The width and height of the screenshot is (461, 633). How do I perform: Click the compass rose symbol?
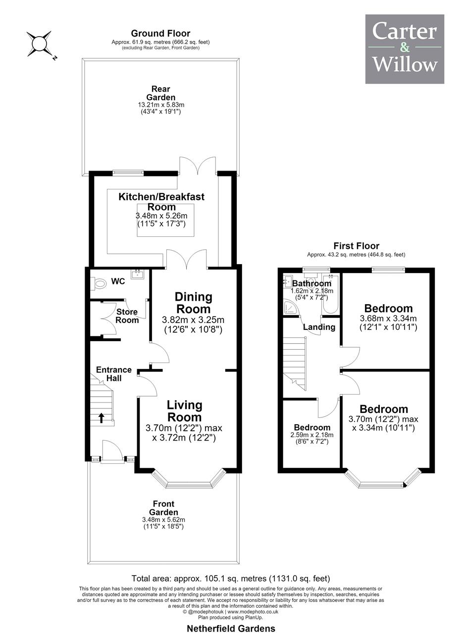pos(39,44)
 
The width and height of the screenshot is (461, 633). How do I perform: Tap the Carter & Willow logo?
pos(405,49)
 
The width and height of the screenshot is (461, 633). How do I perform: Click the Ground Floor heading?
pos(160,33)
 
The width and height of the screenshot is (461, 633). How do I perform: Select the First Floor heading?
pos(356,246)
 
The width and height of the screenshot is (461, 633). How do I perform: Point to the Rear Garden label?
pos(161,93)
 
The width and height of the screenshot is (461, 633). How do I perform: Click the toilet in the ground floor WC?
pos(98,282)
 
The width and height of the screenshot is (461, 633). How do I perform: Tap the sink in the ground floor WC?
pos(138,274)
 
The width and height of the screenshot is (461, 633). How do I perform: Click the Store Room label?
pos(127,316)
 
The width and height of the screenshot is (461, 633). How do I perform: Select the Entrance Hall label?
pos(114,374)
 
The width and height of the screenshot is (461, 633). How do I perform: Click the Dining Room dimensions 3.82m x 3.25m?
pos(193,319)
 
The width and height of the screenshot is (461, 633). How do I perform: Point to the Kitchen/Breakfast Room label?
pos(161,201)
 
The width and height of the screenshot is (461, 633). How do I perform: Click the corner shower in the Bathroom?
pos(291,307)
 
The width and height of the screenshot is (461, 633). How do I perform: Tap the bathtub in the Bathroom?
pos(330,294)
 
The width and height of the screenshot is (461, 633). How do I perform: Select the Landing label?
pos(319,327)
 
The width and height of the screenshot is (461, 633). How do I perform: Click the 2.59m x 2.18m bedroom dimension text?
pos(312,435)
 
